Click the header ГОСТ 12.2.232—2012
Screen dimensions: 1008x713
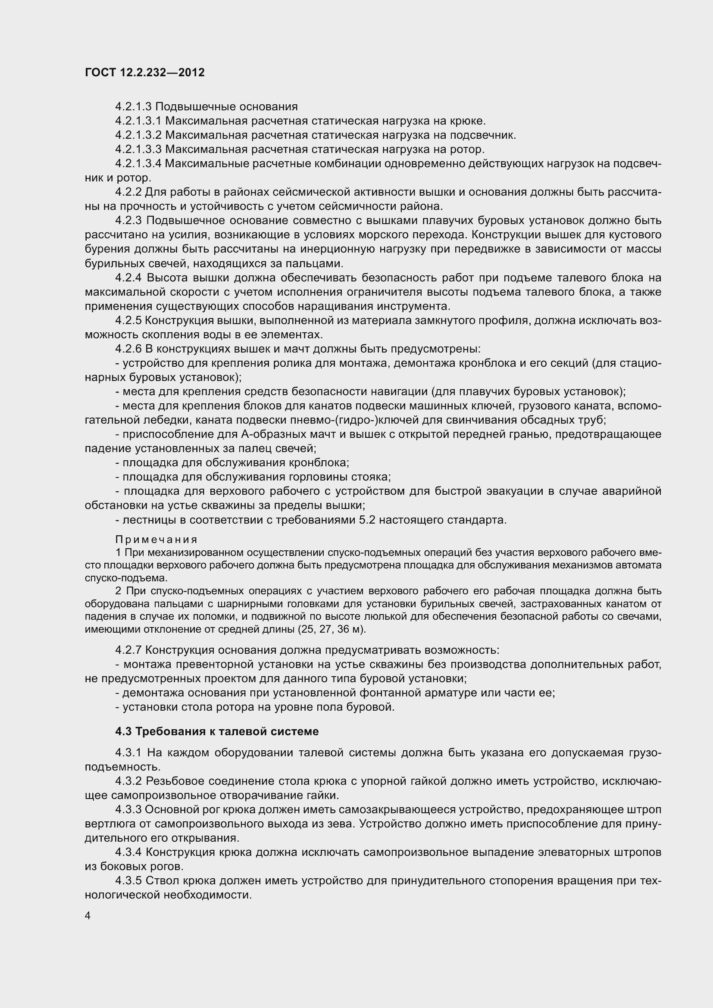[x=145, y=72]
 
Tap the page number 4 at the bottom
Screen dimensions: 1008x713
[x=88, y=916]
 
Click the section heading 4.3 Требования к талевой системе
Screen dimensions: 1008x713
[x=217, y=731]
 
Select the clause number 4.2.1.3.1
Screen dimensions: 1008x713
[x=138, y=121]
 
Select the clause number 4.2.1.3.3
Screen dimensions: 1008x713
[x=138, y=149]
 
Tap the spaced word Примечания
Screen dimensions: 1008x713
[x=156, y=539]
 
